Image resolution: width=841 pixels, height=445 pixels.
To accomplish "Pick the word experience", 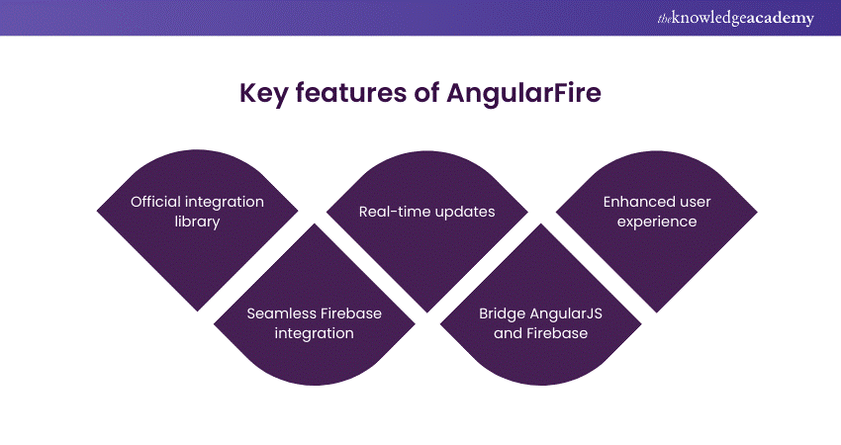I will [657, 222].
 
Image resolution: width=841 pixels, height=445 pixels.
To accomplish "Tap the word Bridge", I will [502, 313].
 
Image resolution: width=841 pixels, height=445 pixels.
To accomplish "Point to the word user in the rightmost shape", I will [695, 202].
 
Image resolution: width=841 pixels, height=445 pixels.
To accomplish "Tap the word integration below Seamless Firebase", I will [314, 333].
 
